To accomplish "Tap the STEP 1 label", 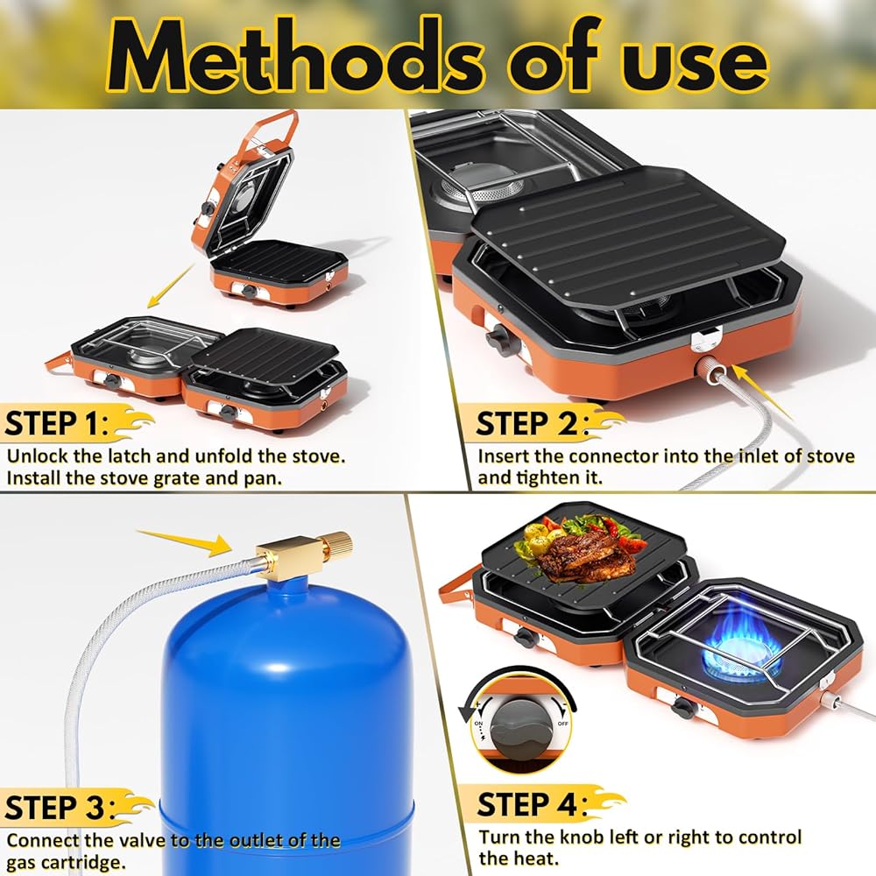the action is tap(56, 423).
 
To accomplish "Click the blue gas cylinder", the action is tap(287, 726).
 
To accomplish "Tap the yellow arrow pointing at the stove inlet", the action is tap(763, 391).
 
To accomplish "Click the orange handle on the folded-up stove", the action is tap(277, 130).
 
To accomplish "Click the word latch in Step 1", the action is tap(131, 456).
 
